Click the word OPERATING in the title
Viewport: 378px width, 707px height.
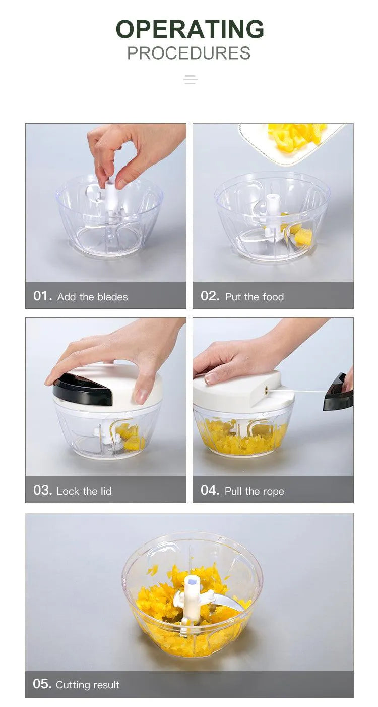point(190,29)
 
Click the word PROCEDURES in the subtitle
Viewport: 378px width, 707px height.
point(188,53)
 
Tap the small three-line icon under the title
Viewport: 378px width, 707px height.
point(190,80)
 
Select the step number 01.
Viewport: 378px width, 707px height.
point(43,296)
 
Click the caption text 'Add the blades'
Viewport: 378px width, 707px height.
point(93,297)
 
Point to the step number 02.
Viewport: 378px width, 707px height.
point(210,296)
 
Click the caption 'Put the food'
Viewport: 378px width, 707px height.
point(255,297)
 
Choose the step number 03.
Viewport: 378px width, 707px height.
point(43,491)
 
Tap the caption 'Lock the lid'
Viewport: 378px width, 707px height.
point(84,491)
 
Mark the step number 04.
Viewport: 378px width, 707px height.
point(210,491)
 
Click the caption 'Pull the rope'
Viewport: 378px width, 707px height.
point(255,491)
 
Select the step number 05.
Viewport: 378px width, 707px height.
point(42,684)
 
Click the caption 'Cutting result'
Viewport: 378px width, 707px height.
point(88,685)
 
